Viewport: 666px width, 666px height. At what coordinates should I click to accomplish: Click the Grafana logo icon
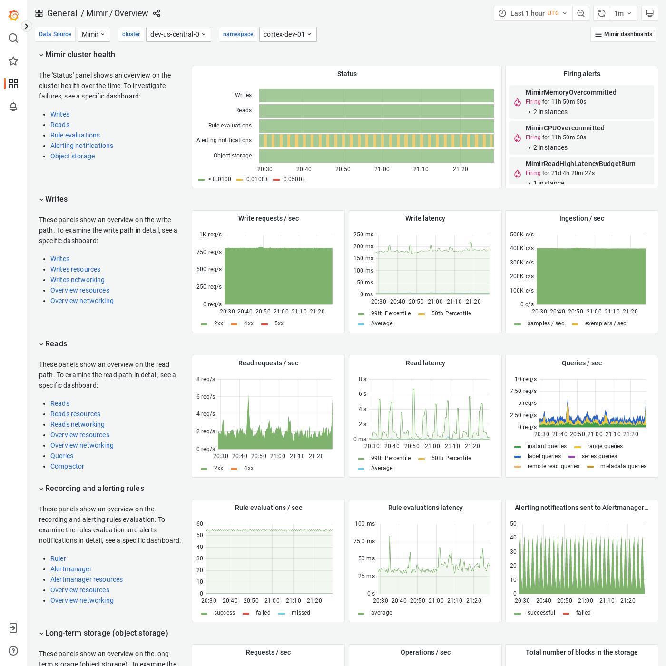tap(13, 15)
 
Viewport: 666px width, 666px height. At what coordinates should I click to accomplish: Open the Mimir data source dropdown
tap(94, 34)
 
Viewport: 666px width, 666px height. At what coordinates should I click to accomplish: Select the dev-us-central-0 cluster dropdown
tap(178, 34)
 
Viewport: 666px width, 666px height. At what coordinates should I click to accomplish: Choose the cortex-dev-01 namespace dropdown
tap(288, 34)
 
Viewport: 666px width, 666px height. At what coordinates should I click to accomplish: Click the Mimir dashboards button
tap(623, 34)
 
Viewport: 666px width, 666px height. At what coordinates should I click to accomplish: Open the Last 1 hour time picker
tap(533, 13)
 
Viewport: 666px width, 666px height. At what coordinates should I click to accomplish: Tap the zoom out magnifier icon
tap(581, 13)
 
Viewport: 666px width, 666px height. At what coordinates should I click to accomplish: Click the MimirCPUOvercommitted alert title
tap(565, 128)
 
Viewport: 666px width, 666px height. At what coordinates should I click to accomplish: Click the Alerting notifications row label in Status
tap(224, 140)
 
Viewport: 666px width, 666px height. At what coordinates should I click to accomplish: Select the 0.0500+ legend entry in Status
tap(294, 179)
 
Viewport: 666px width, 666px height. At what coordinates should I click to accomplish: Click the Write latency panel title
tap(425, 218)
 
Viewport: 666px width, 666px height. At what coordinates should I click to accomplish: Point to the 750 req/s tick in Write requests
tap(209, 252)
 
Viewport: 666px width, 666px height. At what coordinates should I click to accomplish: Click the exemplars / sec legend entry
tap(605, 323)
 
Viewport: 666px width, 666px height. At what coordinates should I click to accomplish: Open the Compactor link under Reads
tap(67, 466)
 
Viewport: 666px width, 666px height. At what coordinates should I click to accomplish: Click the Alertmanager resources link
tap(87, 579)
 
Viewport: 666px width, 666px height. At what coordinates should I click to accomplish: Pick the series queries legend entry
tap(599, 456)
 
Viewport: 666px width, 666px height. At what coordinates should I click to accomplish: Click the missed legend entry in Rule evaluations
tap(300, 613)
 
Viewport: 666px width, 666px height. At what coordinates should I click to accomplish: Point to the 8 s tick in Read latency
tap(362, 379)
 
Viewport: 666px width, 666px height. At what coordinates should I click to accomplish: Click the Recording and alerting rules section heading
tap(94, 488)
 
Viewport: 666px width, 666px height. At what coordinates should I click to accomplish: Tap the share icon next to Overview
tap(157, 13)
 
